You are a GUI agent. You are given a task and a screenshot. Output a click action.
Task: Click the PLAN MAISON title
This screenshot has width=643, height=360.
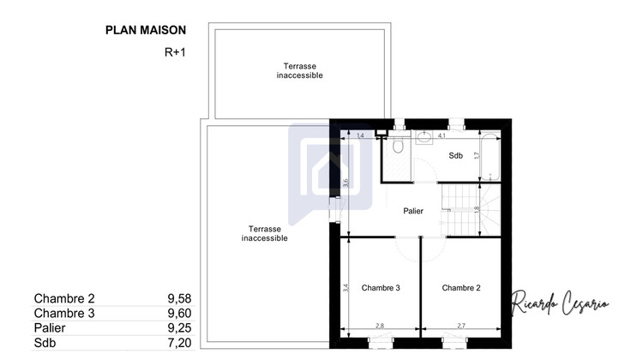click(145, 30)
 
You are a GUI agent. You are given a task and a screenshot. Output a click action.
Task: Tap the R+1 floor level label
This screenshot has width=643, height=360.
click(175, 51)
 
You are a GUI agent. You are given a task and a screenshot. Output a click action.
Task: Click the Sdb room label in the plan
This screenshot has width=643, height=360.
click(455, 155)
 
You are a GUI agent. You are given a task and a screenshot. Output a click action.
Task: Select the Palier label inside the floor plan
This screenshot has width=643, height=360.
click(412, 211)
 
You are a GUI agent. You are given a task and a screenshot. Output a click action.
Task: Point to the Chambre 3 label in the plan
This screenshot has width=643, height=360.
click(381, 288)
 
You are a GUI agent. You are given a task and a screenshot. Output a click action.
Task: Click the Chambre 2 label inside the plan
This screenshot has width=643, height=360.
click(461, 288)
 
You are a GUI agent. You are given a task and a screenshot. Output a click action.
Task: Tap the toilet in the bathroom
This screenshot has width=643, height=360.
click(396, 148)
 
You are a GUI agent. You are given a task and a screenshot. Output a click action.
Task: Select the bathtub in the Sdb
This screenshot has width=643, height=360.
click(490, 157)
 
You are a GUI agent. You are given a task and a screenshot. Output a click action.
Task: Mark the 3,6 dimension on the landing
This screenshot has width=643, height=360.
click(346, 183)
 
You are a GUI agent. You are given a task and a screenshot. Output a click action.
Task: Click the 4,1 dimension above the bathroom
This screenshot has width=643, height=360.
click(442, 135)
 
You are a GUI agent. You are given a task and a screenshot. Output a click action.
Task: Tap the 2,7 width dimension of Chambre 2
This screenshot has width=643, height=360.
click(460, 327)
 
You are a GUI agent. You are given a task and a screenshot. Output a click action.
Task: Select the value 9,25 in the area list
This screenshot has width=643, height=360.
click(177, 328)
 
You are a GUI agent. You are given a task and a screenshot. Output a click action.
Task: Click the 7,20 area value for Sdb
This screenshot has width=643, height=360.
click(177, 343)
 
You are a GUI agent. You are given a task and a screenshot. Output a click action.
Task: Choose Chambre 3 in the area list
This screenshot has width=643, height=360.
click(64, 314)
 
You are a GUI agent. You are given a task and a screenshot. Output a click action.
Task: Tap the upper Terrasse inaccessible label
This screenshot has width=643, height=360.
click(299, 70)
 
